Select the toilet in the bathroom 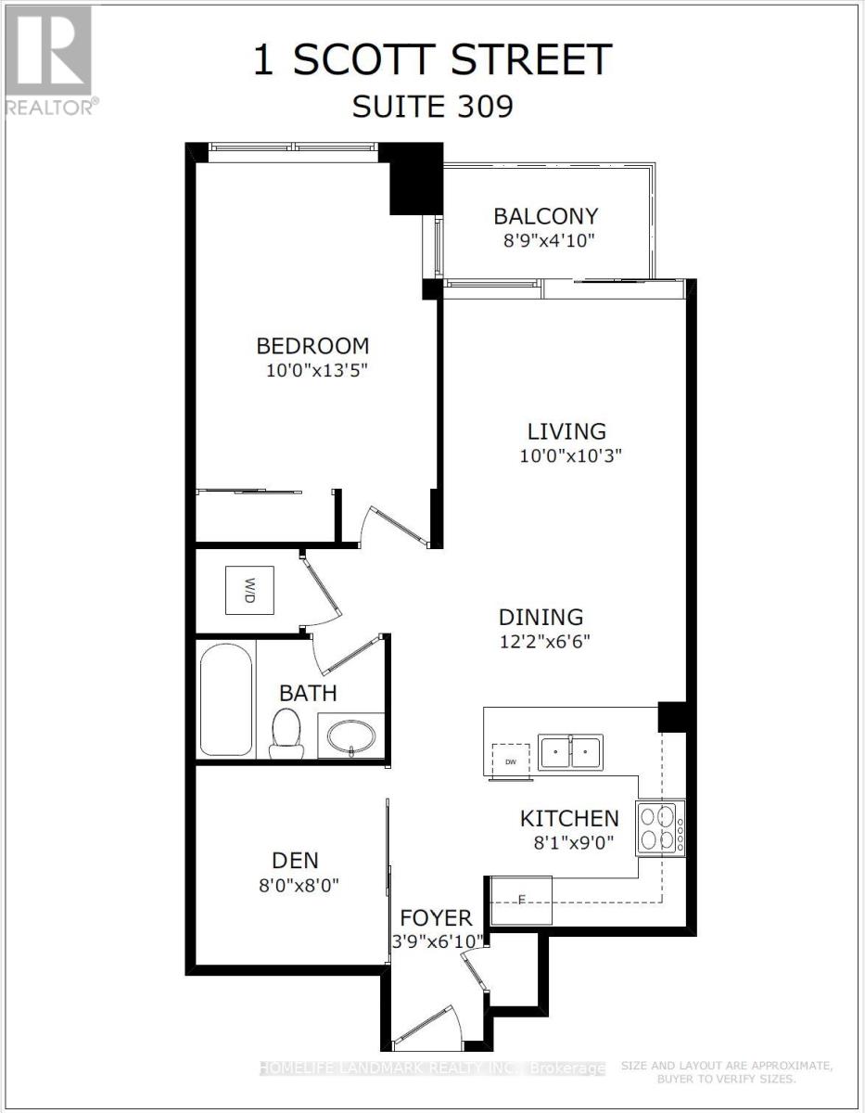click(x=286, y=733)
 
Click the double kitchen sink click(x=571, y=751)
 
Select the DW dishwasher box click(x=510, y=759)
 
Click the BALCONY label click(x=545, y=216)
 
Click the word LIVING click(x=566, y=431)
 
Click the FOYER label click(x=436, y=918)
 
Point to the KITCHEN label click(x=568, y=818)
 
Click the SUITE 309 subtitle click(x=432, y=107)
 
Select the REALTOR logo click(x=48, y=60)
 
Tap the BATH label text click(x=308, y=693)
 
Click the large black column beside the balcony click(x=414, y=179)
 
